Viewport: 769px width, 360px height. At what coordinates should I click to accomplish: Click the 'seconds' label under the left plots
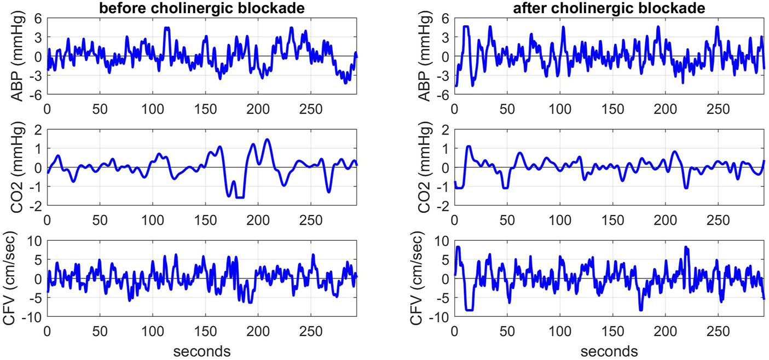(202, 351)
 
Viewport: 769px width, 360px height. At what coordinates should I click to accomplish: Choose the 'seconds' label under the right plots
(609, 351)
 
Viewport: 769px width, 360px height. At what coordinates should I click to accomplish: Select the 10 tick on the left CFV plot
(36, 240)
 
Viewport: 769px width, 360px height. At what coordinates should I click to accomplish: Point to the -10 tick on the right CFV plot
(441, 317)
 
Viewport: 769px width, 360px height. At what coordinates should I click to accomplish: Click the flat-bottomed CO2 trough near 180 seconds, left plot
(239, 197)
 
